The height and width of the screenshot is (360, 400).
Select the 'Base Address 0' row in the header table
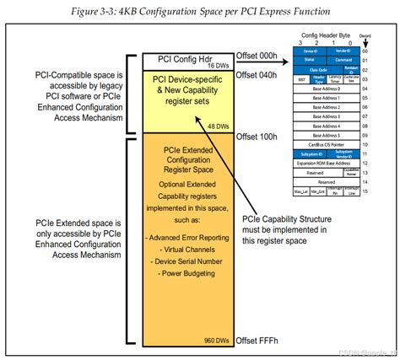[x=327, y=88]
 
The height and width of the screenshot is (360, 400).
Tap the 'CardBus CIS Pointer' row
[x=327, y=144]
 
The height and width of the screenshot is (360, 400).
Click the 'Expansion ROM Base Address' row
[x=327, y=163]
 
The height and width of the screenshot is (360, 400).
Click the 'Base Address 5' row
[x=327, y=135]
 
